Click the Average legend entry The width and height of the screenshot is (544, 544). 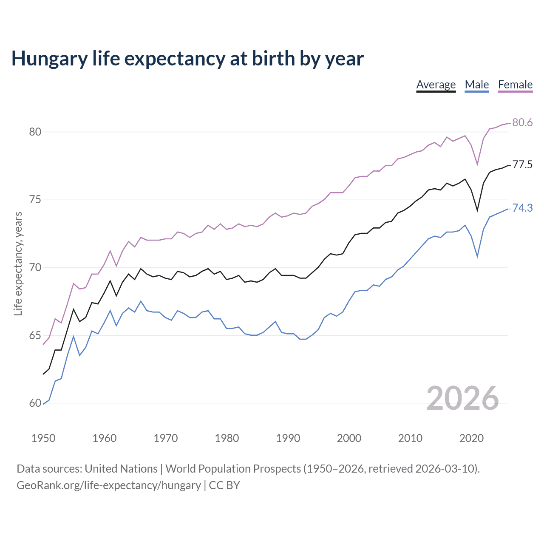436,85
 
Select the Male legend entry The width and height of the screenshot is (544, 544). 477,85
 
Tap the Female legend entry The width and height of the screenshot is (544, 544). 515,85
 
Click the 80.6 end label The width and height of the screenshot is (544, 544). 522,123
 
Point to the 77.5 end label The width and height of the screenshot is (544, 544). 522,165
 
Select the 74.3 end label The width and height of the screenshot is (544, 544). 522,208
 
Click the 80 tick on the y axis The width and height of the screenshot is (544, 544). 35,132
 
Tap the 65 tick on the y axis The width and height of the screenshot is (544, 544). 35,336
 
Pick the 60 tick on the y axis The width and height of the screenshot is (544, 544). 35,403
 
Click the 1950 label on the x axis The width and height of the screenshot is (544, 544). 43,438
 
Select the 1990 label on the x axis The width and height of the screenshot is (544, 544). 288,438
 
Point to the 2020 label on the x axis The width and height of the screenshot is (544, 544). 471,438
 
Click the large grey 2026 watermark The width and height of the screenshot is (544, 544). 462,398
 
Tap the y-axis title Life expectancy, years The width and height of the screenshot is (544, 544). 18,264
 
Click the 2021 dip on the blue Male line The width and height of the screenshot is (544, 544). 477,257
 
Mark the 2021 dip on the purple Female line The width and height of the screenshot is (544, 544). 477,164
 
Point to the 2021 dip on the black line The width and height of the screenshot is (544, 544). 477,210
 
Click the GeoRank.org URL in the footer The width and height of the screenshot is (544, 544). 108,485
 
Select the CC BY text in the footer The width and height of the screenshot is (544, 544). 224,485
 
